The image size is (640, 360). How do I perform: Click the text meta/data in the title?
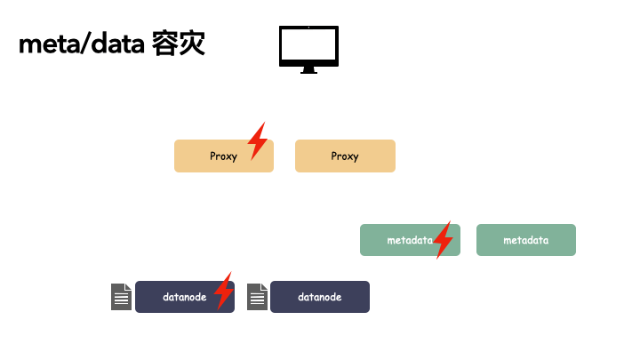click(x=81, y=44)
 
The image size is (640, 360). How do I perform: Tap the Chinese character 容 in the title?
click(x=165, y=44)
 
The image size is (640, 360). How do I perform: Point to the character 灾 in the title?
click(x=192, y=44)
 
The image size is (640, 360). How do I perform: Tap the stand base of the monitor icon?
click(x=308, y=71)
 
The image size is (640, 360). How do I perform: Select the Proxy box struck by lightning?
click(x=213, y=156)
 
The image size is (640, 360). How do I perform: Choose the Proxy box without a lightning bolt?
click(x=345, y=156)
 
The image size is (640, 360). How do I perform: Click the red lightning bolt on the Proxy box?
click(x=257, y=140)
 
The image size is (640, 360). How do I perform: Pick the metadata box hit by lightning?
click(x=400, y=240)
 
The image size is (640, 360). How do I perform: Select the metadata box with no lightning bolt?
click(x=526, y=240)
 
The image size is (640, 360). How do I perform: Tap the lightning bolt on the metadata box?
click(x=442, y=239)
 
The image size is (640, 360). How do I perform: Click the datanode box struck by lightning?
click(x=178, y=297)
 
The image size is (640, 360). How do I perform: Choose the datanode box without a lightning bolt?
click(x=320, y=297)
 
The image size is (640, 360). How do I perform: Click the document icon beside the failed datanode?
click(x=122, y=297)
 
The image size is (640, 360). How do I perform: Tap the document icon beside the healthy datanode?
click(x=257, y=297)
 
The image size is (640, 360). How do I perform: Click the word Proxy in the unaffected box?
click(x=345, y=156)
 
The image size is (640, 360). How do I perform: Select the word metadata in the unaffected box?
click(x=526, y=240)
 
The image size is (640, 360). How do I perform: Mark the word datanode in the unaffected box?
click(x=320, y=297)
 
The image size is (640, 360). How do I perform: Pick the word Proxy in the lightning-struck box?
click(x=224, y=156)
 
